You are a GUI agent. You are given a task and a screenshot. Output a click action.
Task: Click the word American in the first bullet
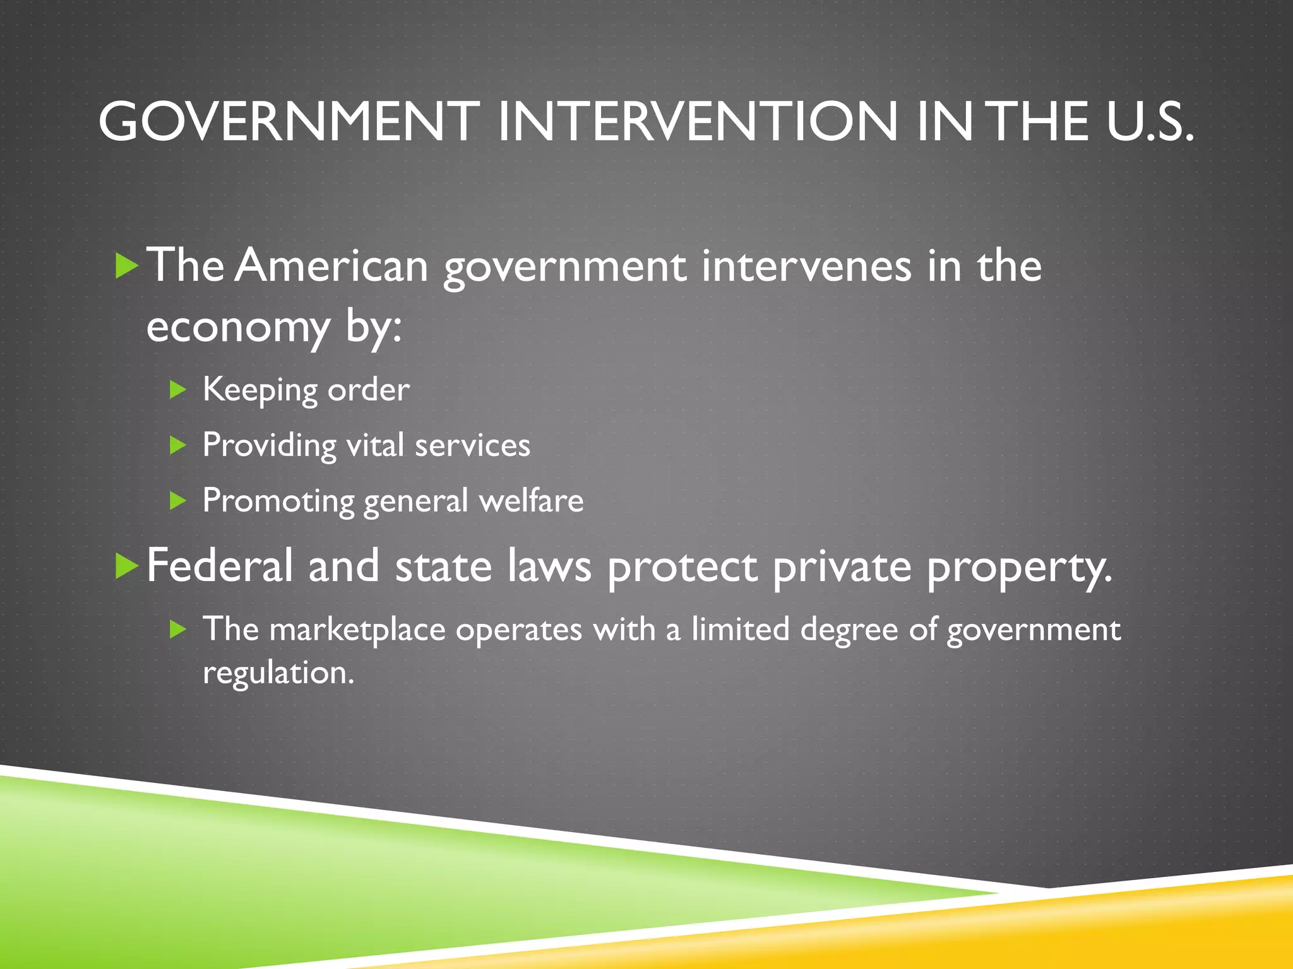pos(332,266)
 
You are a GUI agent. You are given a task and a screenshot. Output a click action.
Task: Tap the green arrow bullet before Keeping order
pos(178,390)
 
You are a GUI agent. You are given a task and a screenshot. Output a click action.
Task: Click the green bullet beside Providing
pos(178,445)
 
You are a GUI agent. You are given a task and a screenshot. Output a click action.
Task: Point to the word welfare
pos(531,501)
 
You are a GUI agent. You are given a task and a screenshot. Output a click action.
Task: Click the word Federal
pos(220,566)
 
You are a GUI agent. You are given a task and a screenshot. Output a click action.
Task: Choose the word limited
pos(740,629)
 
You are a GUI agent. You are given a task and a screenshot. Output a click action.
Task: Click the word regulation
pos(278,672)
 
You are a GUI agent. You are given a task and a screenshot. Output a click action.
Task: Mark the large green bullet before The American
pos(127,266)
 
